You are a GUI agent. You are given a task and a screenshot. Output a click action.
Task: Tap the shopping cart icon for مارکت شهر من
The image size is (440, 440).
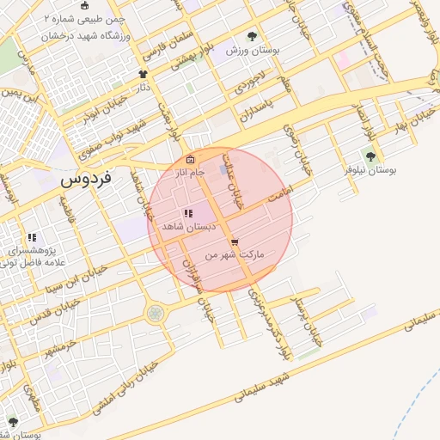235,241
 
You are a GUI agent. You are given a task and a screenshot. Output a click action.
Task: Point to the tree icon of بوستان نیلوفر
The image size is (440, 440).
370,156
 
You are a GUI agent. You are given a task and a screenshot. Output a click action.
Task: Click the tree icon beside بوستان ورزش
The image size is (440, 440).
252,36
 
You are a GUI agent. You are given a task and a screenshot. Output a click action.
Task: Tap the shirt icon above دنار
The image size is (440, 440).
143,75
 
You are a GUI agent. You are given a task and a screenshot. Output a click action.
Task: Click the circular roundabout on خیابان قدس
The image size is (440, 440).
156,314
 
